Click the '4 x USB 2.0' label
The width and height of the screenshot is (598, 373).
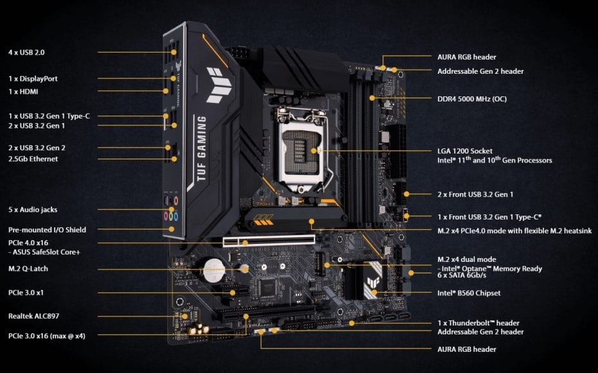pos(26,53)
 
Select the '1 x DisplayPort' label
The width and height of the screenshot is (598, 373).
pos(33,79)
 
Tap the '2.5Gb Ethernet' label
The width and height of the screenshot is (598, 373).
pos(33,159)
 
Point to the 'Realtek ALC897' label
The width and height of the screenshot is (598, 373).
pos(33,316)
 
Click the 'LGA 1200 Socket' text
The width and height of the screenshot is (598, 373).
pos(465,151)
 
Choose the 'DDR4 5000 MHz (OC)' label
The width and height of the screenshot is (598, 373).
pos(472,99)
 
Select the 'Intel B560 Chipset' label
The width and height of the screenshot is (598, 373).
pos(469,293)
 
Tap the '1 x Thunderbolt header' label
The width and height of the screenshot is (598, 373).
pos(478,323)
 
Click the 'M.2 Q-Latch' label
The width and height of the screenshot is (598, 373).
pos(28,269)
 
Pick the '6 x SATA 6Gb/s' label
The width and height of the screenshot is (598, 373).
pos(462,275)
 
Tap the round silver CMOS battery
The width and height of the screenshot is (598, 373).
pos(213,270)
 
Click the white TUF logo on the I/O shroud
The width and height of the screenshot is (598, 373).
pos(219,85)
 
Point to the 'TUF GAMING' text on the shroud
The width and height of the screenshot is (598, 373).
pos(201,148)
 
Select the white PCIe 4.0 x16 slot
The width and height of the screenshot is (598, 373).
pos(269,241)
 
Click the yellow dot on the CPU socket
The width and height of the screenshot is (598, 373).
pos(314,151)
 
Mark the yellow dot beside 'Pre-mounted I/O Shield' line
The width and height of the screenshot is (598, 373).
pos(172,229)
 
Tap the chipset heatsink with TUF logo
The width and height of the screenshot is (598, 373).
pos(364,281)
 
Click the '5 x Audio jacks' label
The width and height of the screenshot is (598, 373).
pos(33,210)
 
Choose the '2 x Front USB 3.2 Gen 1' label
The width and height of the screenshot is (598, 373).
pos(475,195)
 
